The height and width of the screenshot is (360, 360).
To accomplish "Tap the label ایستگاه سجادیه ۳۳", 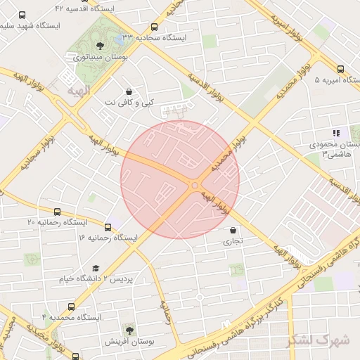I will click(157, 37).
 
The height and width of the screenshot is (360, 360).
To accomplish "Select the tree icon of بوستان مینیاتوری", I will click(97, 46).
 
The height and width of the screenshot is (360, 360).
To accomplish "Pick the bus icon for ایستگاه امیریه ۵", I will click(340, 69).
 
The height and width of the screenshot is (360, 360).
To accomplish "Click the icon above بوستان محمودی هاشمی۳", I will click(336, 132).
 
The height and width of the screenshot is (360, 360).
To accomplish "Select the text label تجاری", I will click(233, 240).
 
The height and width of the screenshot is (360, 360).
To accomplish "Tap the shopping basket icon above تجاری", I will click(233, 230).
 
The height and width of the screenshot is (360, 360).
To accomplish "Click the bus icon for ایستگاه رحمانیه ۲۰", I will click(57, 211).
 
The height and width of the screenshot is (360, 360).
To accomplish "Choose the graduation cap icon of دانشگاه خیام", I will click(96, 268).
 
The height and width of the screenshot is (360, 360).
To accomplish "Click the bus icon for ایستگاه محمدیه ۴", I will click(71, 307).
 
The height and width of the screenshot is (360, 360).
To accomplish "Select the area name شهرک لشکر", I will click(319, 340).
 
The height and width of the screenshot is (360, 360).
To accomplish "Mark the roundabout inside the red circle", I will click(193, 185).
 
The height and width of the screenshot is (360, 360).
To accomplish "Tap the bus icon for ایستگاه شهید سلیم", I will click(22, 15).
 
